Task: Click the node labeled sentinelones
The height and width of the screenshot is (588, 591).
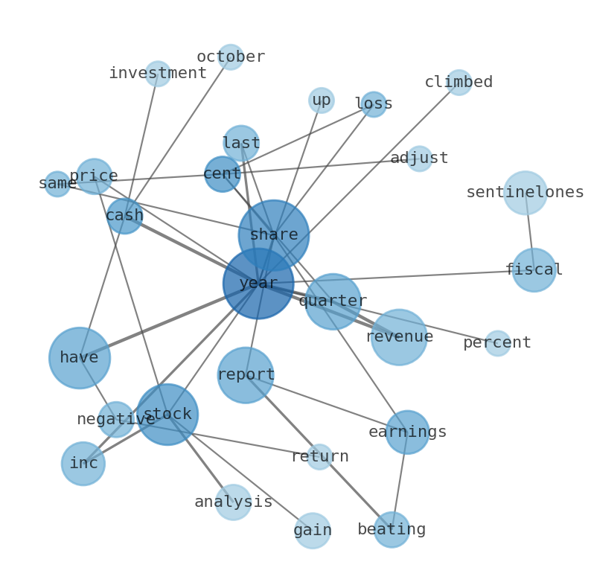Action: pyautogui.click(x=525, y=193)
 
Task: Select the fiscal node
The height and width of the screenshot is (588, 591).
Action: pyautogui.click(x=534, y=269)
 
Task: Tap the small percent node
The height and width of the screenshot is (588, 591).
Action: pyautogui.click(x=497, y=343)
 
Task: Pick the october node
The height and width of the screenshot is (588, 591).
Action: pyautogui.click(x=231, y=57)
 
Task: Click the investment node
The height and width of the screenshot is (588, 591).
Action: pyautogui.click(x=158, y=74)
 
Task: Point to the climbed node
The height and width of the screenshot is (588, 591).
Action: pyautogui.click(x=459, y=83)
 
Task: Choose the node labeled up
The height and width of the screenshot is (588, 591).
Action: pyautogui.click(x=322, y=100)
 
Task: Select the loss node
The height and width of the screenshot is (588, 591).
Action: pyautogui.click(x=374, y=104)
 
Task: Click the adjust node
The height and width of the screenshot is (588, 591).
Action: pyautogui.click(x=419, y=159)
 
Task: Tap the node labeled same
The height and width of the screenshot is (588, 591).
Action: pyautogui.click(x=57, y=184)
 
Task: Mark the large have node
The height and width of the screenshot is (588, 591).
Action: pyautogui.click(x=80, y=358)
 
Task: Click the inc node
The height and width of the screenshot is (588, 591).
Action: pyautogui.click(x=83, y=464)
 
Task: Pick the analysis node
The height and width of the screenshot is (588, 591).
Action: pyautogui.click(x=234, y=502)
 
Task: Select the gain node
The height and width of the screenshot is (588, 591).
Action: pyautogui.click(x=313, y=531)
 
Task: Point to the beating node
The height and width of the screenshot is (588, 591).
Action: pyautogui.click(x=392, y=530)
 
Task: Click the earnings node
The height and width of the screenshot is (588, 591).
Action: pyautogui.click(x=407, y=432)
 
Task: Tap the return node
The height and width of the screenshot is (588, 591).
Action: pyautogui.click(x=319, y=457)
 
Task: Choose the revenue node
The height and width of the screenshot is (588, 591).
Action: pyautogui.click(x=399, y=337)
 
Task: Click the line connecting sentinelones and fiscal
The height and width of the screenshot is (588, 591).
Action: pyautogui.click(x=529, y=231)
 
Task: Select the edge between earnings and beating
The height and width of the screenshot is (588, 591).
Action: pyautogui.click(x=400, y=481)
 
